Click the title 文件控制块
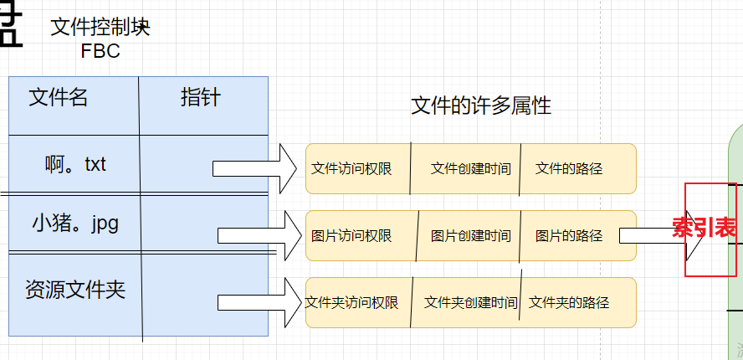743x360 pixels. [100, 28]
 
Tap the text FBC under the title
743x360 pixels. [100, 51]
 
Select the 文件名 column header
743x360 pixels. [59, 98]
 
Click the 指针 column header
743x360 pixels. [201, 97]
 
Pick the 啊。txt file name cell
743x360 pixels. [75, 164]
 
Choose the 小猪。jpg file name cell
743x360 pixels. [75, 224]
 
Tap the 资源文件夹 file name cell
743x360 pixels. [75, 291]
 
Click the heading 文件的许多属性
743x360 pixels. [481, 106]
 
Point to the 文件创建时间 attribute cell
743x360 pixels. [471, 168]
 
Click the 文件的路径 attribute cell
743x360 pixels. [569, 168]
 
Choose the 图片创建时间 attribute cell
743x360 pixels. [471, 236]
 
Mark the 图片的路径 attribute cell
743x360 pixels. [569, 236]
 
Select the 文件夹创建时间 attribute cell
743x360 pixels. [471, 302]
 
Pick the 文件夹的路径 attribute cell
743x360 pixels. [569, 302]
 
